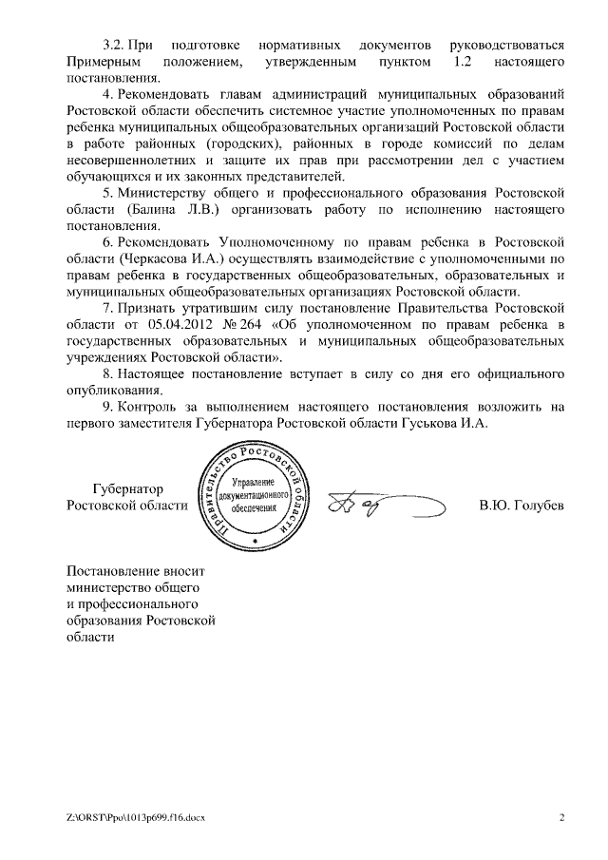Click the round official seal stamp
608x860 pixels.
[x=255, y=497]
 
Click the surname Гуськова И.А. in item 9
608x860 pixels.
[x=446, y=424]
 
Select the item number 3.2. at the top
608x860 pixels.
[x=116, y=45]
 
